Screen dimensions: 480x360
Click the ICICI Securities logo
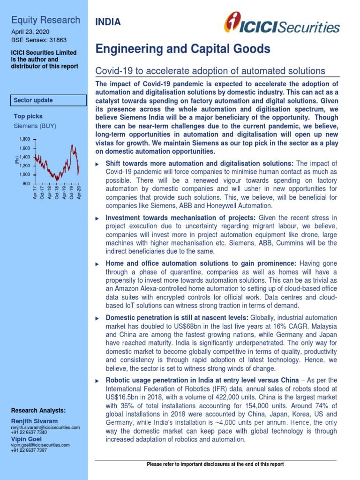(281, 23)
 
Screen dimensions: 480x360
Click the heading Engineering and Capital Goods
(183, 49)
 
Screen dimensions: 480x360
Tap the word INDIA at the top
(108, 22)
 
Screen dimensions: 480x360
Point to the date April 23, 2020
(30, 31)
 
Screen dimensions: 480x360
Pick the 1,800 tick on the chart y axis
(24, 139)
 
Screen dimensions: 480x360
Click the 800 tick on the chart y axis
(26, 183)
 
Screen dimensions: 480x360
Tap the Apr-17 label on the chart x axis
(35, 193)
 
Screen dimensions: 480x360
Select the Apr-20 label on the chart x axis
(79, 193)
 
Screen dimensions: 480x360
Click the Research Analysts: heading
(38, 411)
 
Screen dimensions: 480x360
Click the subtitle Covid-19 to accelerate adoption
(210, 71)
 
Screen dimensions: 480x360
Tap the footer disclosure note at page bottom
(215, 464)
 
